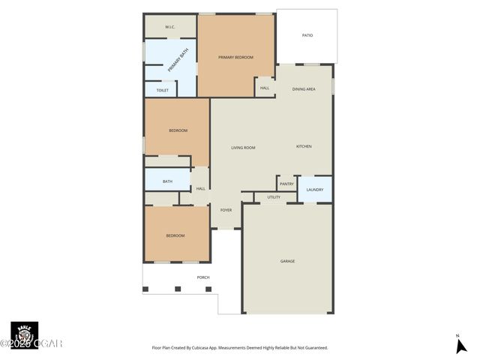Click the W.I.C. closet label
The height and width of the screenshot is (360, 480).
pos(170,27)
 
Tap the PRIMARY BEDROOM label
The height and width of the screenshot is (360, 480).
pos(235,57)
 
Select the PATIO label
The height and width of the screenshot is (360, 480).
pos(307,35)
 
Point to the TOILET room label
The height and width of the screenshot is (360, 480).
pos(162,90)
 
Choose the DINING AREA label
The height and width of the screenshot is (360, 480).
pos(304,89)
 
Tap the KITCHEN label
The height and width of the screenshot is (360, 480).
pos(304,146)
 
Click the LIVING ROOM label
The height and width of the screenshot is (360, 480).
pos(243,148)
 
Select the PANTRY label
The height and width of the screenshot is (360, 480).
pos(286,184)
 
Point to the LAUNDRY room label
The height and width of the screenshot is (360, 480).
pos(315,190)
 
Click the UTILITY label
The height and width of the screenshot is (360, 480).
pos(274,197)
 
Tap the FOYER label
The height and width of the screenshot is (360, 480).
pos(226,210)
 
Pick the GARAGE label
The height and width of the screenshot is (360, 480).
pos(287,261)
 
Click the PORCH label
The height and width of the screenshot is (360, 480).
pos(203,277)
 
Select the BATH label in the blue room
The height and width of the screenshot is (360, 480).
pos(167,181)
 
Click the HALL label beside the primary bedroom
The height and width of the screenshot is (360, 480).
pos(265,88)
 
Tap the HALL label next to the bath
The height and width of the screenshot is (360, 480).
pos(200,188)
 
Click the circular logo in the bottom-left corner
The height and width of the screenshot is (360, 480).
pos(24,334)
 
